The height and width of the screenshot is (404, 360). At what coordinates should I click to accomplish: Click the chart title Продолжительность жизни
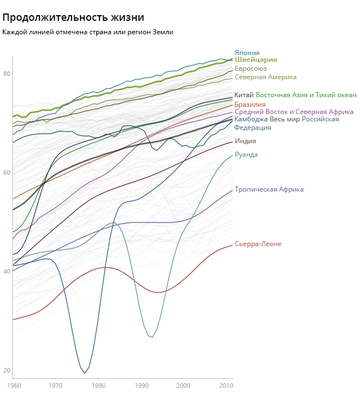pyautogui.click(x=73, y=18)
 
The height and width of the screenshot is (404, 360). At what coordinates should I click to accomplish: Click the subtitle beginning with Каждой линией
pyautogui.click(x=88, y=32)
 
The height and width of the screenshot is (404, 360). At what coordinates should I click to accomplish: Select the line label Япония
pyautogui.click(x=247, y=53)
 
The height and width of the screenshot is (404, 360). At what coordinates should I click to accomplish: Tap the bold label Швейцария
pyautogui.click(x=255, y=60)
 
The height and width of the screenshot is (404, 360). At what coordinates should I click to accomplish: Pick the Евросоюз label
pyautogui.click(x=250, y=69)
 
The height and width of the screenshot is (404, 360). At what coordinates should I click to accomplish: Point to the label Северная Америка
pyautogui.click(x=265, y=77)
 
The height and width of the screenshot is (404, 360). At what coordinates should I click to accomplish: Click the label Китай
pyautogui.click(x=244, y=95)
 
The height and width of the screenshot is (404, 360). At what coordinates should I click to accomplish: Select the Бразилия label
pyautogui.click(x=250, y=105)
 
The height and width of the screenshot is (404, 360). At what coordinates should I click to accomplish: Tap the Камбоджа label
pyautogui.click(x=251, y=119)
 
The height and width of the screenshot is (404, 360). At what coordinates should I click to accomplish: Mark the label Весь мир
pyautogui.click(x=285, y=119)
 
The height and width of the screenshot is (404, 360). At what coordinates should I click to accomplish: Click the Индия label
pyautogui.click(x=245, y=141)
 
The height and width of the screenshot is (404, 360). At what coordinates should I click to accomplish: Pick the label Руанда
pyautogui.click(x=246, y=155)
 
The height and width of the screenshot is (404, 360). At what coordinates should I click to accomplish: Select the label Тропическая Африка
pyautogui.click(x=269, y=189)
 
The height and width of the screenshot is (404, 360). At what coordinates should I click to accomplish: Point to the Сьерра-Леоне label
pyautogui.click(x=258, y=244)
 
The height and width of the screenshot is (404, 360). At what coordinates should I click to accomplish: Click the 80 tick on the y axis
pyautogui.click(x=7, y=74)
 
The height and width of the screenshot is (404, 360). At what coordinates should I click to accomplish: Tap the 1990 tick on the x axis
pyautogui.click(x=141, y=385)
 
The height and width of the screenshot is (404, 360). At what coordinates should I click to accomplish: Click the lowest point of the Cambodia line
pyautogui.click(x=85, y=373)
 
